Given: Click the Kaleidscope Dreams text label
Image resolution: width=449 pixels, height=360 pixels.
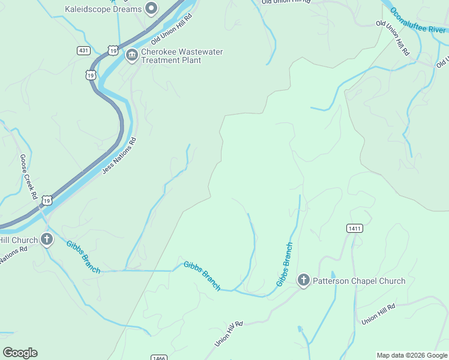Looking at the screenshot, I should click(103, 9).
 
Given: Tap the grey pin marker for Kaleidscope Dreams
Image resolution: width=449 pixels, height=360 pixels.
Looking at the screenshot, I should click(151, 9).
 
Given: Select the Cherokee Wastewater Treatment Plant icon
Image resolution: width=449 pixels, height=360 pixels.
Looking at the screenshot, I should click(131, 56).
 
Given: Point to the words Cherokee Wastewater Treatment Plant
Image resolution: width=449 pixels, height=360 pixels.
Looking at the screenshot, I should click(181, 56).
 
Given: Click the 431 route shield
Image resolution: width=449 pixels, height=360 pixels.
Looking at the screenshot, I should click(83, 50).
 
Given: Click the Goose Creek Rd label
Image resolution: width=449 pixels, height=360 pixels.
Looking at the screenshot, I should click(28, 176).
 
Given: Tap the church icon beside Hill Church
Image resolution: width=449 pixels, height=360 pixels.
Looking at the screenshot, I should click(47, 240).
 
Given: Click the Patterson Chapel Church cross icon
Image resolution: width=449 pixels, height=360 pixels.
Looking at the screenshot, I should click(304, 280).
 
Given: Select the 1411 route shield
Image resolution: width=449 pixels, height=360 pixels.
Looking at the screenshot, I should click(354, 228).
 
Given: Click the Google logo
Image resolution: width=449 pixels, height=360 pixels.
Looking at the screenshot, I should click(20, 352).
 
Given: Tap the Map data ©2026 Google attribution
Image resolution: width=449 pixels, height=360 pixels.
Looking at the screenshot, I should click(412, 355).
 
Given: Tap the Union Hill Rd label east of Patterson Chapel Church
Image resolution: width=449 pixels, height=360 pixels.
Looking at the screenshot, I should click(378, 314).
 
